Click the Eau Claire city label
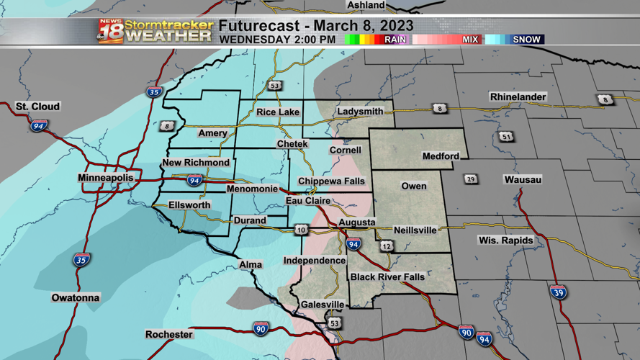pyautogui.click(x=308, y=201)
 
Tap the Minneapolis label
pyautogui.click(x=106, y=178)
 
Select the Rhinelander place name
pyautogui.click(x=518, y=97)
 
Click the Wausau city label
pyautogui.click(x=523, y=179)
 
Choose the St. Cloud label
pyautogui.click(x=38, y=107)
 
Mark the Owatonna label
pyautogui.click(x=76, y=297)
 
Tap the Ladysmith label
pyautogui.click(x=360, y=112)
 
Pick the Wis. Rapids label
pyautogui.click(x=506, y=240)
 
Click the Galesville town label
pyautogui.click(x=323, y=305)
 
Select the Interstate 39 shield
pyautogui.click(x=558, y=292)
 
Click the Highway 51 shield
pyautogui.click(x=507, y=137)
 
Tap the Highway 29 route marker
pyautogui.click(x=471, y=179)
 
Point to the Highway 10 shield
pyautogui.click(x=301, y=230)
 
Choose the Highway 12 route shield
pyautogui.click(x=387, y=246)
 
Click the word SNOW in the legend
pyautogui.click(x=526, y=40)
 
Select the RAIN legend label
pyautogui.click(x=395, y=40)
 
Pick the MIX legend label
pyautogui.click(x=470, y=40)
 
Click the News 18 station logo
pyautogui.click(x=111, y=31)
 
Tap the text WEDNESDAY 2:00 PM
pyautogui.click(x=277, y=40)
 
